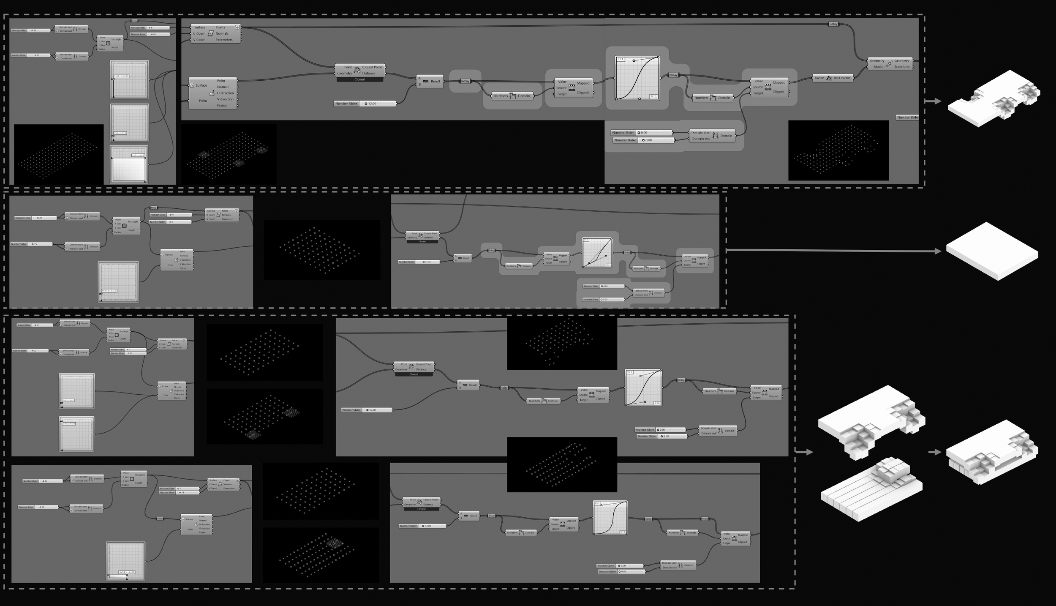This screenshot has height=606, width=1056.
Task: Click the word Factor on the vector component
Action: point(819,78)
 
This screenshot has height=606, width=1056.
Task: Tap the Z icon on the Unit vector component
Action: point(829,78)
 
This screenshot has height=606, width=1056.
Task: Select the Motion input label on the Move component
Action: point(879,67)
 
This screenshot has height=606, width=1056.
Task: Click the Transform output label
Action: point(901,67)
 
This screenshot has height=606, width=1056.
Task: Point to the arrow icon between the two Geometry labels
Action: point(889,64)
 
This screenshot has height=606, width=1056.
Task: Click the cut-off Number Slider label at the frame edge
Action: point(907,117)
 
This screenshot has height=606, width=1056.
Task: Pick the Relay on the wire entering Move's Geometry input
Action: point(833,24)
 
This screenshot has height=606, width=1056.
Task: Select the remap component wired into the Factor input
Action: point(769,87)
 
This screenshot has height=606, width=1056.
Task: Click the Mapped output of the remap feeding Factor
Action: point(779,82)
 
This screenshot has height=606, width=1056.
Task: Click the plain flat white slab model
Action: point(992,251)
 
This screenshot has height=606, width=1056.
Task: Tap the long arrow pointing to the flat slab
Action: point(832,251)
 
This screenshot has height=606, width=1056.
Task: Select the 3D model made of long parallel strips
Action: point(870,490)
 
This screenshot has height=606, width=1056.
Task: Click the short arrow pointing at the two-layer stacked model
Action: point(934,452)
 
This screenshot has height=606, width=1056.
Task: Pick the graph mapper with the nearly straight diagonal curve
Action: point(597,252)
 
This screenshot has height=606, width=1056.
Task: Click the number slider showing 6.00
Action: point(629,565)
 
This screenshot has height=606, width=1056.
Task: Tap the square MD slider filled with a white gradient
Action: point(129,164)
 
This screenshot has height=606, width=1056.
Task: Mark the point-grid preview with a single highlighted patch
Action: point(321,555)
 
